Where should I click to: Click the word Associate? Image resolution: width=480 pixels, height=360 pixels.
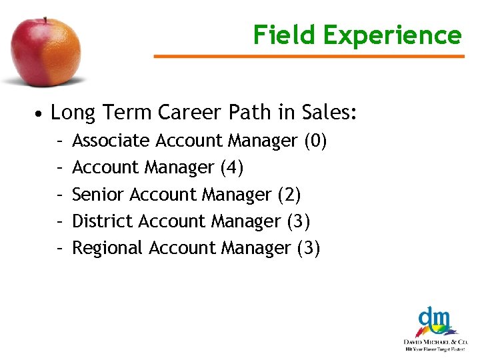coord(111,141)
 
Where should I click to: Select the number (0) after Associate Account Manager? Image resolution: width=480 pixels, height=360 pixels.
coord(315,141)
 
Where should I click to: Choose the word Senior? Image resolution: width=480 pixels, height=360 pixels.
coord(99,195)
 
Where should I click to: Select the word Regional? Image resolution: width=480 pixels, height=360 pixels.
coord(107,248)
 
